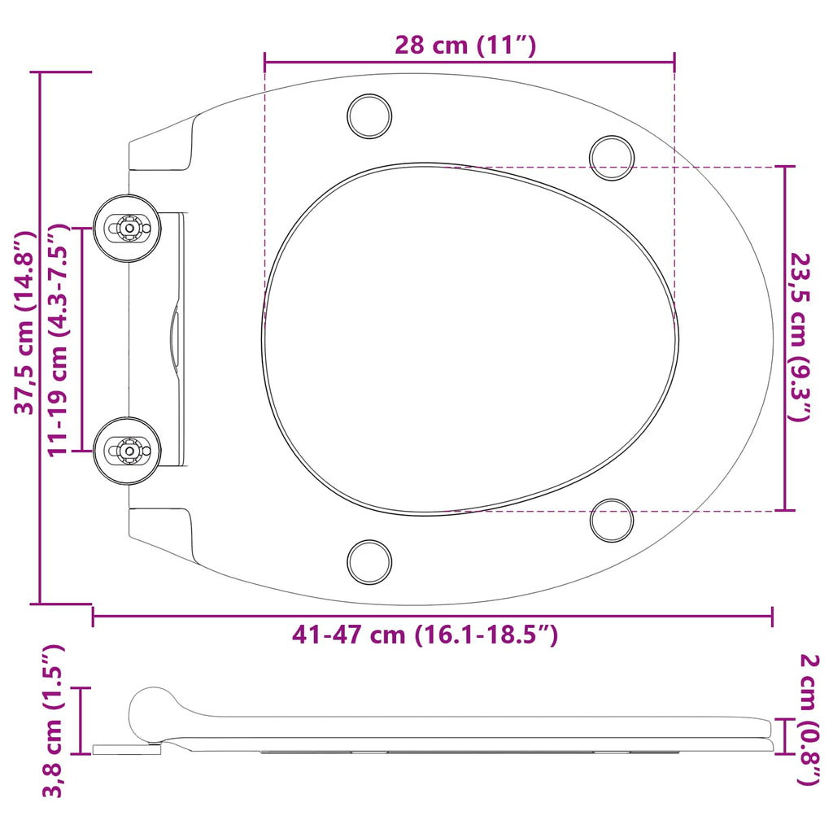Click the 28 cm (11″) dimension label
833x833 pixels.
(465, 45)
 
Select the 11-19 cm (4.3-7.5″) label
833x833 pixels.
(59, 339)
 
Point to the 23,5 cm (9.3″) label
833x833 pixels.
(801, 338)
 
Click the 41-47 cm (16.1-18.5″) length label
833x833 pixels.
(425, 635)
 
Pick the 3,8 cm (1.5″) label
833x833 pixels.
(53, 721)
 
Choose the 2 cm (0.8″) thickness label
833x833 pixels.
(809, 719)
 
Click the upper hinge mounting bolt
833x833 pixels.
(127, 228)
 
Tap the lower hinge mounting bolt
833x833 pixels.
(127, 451)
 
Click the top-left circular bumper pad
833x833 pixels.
(370, 116)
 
